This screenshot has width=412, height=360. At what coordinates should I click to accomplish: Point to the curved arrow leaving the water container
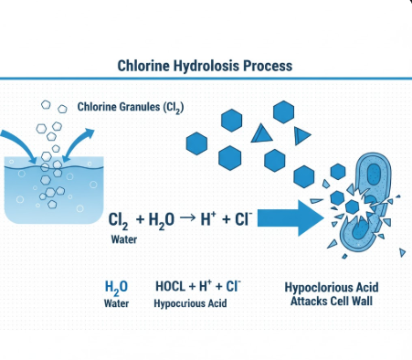(79, 139)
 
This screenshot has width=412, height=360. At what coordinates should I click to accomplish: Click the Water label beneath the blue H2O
(117, 302)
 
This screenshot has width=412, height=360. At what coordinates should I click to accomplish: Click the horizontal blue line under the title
(206, 80)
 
